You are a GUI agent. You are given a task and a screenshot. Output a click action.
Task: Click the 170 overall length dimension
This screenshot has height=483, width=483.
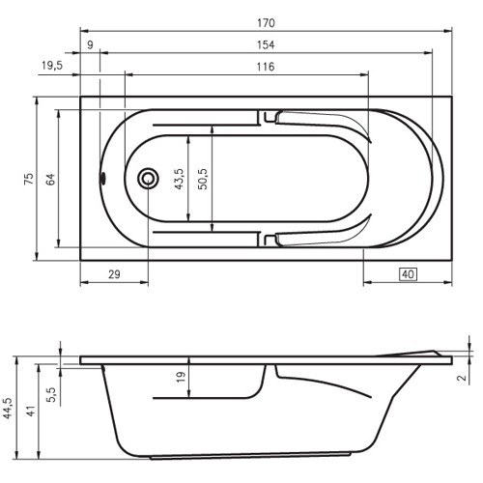coord(266,23)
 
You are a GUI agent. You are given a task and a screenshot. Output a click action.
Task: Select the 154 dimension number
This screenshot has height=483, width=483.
coord(266,44)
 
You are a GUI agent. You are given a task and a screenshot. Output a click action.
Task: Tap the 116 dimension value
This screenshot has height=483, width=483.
coord(266,67)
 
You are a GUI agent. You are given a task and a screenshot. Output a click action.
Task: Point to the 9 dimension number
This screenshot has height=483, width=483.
coord(90,44)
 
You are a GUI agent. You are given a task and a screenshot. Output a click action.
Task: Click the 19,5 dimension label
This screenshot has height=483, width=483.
coord(52,66)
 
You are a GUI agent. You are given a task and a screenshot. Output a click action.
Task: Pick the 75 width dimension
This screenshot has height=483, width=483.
coord(29,179)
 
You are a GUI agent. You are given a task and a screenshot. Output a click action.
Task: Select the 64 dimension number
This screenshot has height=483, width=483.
coord(50,180)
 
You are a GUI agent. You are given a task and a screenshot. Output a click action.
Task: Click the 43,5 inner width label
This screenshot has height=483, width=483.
coord(179,179)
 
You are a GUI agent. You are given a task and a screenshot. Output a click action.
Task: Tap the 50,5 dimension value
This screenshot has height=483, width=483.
coord(203,179)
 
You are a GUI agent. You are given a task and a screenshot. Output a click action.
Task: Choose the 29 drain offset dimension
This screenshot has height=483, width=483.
coord(114,274)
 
